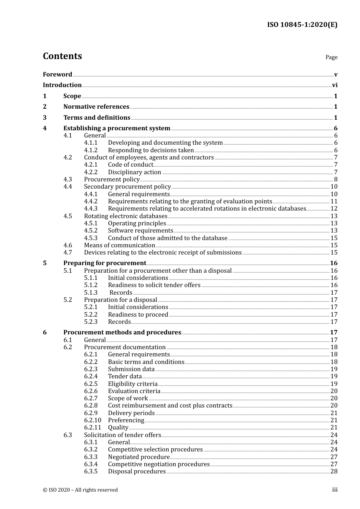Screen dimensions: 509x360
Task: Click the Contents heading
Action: (x=62, y=56)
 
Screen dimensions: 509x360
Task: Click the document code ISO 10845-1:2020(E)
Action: (x=302, y=25)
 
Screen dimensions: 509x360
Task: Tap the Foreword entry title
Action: (x=57, y=75)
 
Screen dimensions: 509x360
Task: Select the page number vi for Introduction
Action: (x=335, y=85)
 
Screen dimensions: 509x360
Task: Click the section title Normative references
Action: (x=96, y=107)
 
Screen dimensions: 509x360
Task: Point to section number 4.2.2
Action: (x=91, y=172)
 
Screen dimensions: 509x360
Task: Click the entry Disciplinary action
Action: (x=135, y=172)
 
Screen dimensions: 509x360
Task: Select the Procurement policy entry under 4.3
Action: (x=112, y=180)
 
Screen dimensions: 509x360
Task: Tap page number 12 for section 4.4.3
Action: (x=334, y=209)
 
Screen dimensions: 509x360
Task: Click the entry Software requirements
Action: (x=141, y=231)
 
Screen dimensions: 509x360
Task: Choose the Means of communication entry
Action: (x=119, y=245)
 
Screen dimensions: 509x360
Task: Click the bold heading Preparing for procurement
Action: (x=105, y=263)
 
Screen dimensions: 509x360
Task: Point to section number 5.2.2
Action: (x=91, y=315)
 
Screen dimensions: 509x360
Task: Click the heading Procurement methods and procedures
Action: (x=122, y=333)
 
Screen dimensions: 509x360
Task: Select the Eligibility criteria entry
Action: (x=133, y=384)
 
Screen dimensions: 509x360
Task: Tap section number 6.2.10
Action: (x=92, y=420)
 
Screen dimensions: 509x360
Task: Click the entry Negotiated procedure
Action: (x=139, y=457)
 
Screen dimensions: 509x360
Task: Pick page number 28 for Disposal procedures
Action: (x=334, y=472)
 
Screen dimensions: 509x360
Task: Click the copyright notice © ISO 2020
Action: (x=80, y=490)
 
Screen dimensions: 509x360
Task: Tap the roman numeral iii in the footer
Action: (x=335, y=490)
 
